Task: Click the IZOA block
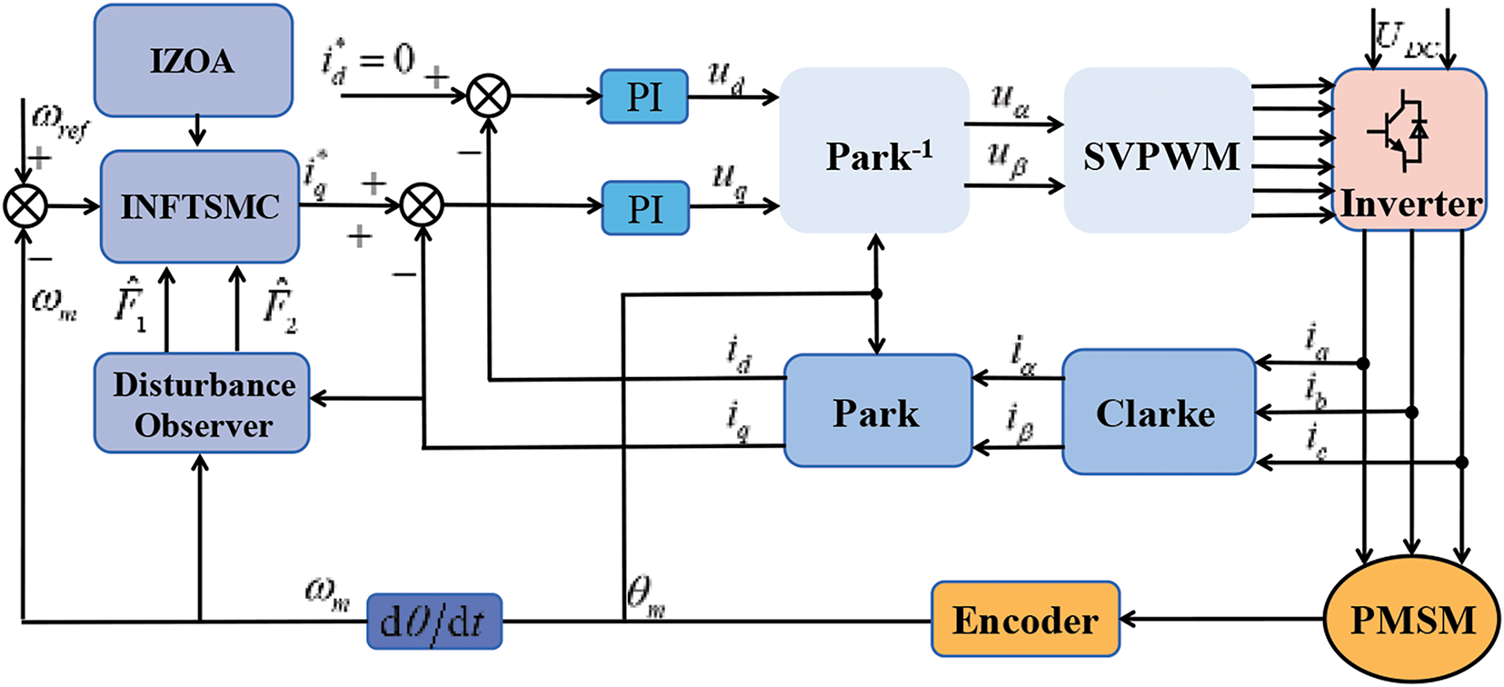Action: pyautogui.click(x=193, y=61)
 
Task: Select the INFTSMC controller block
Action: pyautogui.click(x=200, y=207)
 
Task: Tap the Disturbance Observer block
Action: pyautogui.click(x=203, y=404)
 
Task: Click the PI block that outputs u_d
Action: pyautogui.click(x=644, y=96)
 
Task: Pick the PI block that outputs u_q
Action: pyautogui.click(x=645, y=208)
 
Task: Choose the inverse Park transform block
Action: pyautogui.click(x=874, y=151)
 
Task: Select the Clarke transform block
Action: pyautogui.click(x=1158, y=413)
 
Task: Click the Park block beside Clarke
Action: pyautogui.click(x=877, y=412)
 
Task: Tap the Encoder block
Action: pyautogui.click(x=1025, y=620)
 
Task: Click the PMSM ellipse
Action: pyautogui.click(x=1412, y=620)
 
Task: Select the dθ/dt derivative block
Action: pyautogui.click(x=433, y=622)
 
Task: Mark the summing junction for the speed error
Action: pyautogui.click(x=25, y=207)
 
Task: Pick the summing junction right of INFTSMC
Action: pyautogui.click(x=423, y=205)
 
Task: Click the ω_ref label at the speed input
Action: pyautogui.click(x=60, y=122)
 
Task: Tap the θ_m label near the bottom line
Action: pyautogui.click(x=645, y=597)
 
